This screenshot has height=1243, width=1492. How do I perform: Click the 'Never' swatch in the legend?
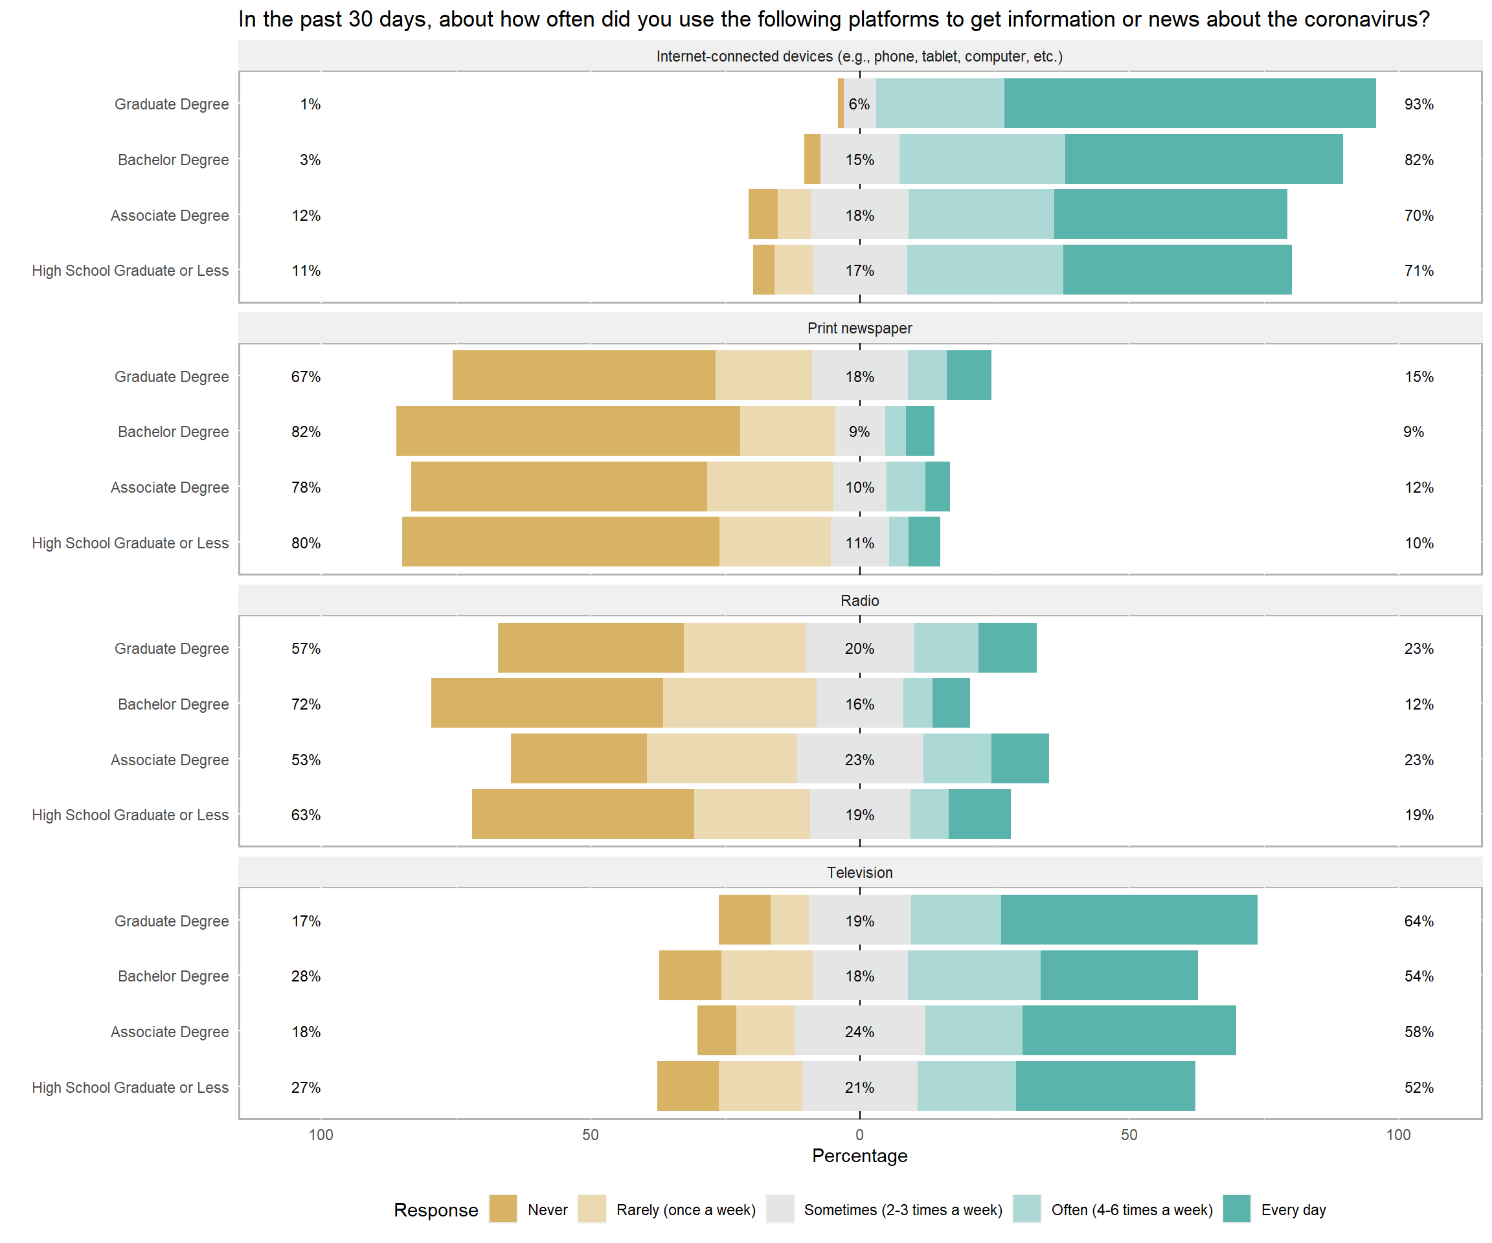point(503,1209)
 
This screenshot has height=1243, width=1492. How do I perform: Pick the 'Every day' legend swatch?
point(1236,1209)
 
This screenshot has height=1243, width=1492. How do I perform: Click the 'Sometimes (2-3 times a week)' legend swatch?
point(780,1209)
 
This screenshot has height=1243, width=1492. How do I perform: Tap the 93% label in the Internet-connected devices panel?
point(1418,104)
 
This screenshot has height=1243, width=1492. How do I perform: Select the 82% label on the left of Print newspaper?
point(306,432)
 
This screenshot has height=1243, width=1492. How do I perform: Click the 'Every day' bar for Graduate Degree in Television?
point(1128,920)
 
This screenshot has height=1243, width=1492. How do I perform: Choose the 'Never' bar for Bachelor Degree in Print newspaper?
point(568,431)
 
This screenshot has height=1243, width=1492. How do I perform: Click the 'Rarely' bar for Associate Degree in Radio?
point(721,759)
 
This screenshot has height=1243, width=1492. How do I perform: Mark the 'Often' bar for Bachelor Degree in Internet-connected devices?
point(981,159)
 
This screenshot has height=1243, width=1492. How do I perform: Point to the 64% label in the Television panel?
point(1418,921)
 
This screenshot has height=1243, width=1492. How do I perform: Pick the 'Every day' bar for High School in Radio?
point(979,814)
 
